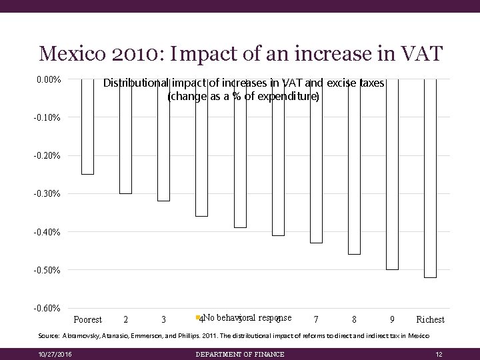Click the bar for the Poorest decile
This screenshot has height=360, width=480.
click(87, 127)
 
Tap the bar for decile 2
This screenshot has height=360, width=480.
click(125, 136)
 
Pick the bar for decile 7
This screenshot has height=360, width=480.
click(315, 161)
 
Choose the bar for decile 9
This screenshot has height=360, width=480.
click(392, 174)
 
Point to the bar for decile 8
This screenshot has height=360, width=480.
click(354, 167)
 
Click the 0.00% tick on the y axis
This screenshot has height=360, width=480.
click(49, 80)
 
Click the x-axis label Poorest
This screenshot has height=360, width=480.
click(87, 320)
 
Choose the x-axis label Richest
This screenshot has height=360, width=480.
click(430, 320)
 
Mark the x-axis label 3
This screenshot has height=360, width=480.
click(163, 320)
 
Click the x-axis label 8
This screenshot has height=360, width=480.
click(354, 320)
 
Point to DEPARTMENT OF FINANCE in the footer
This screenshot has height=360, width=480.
click(240, 353)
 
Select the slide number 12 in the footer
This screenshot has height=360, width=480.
click(438, 353)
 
